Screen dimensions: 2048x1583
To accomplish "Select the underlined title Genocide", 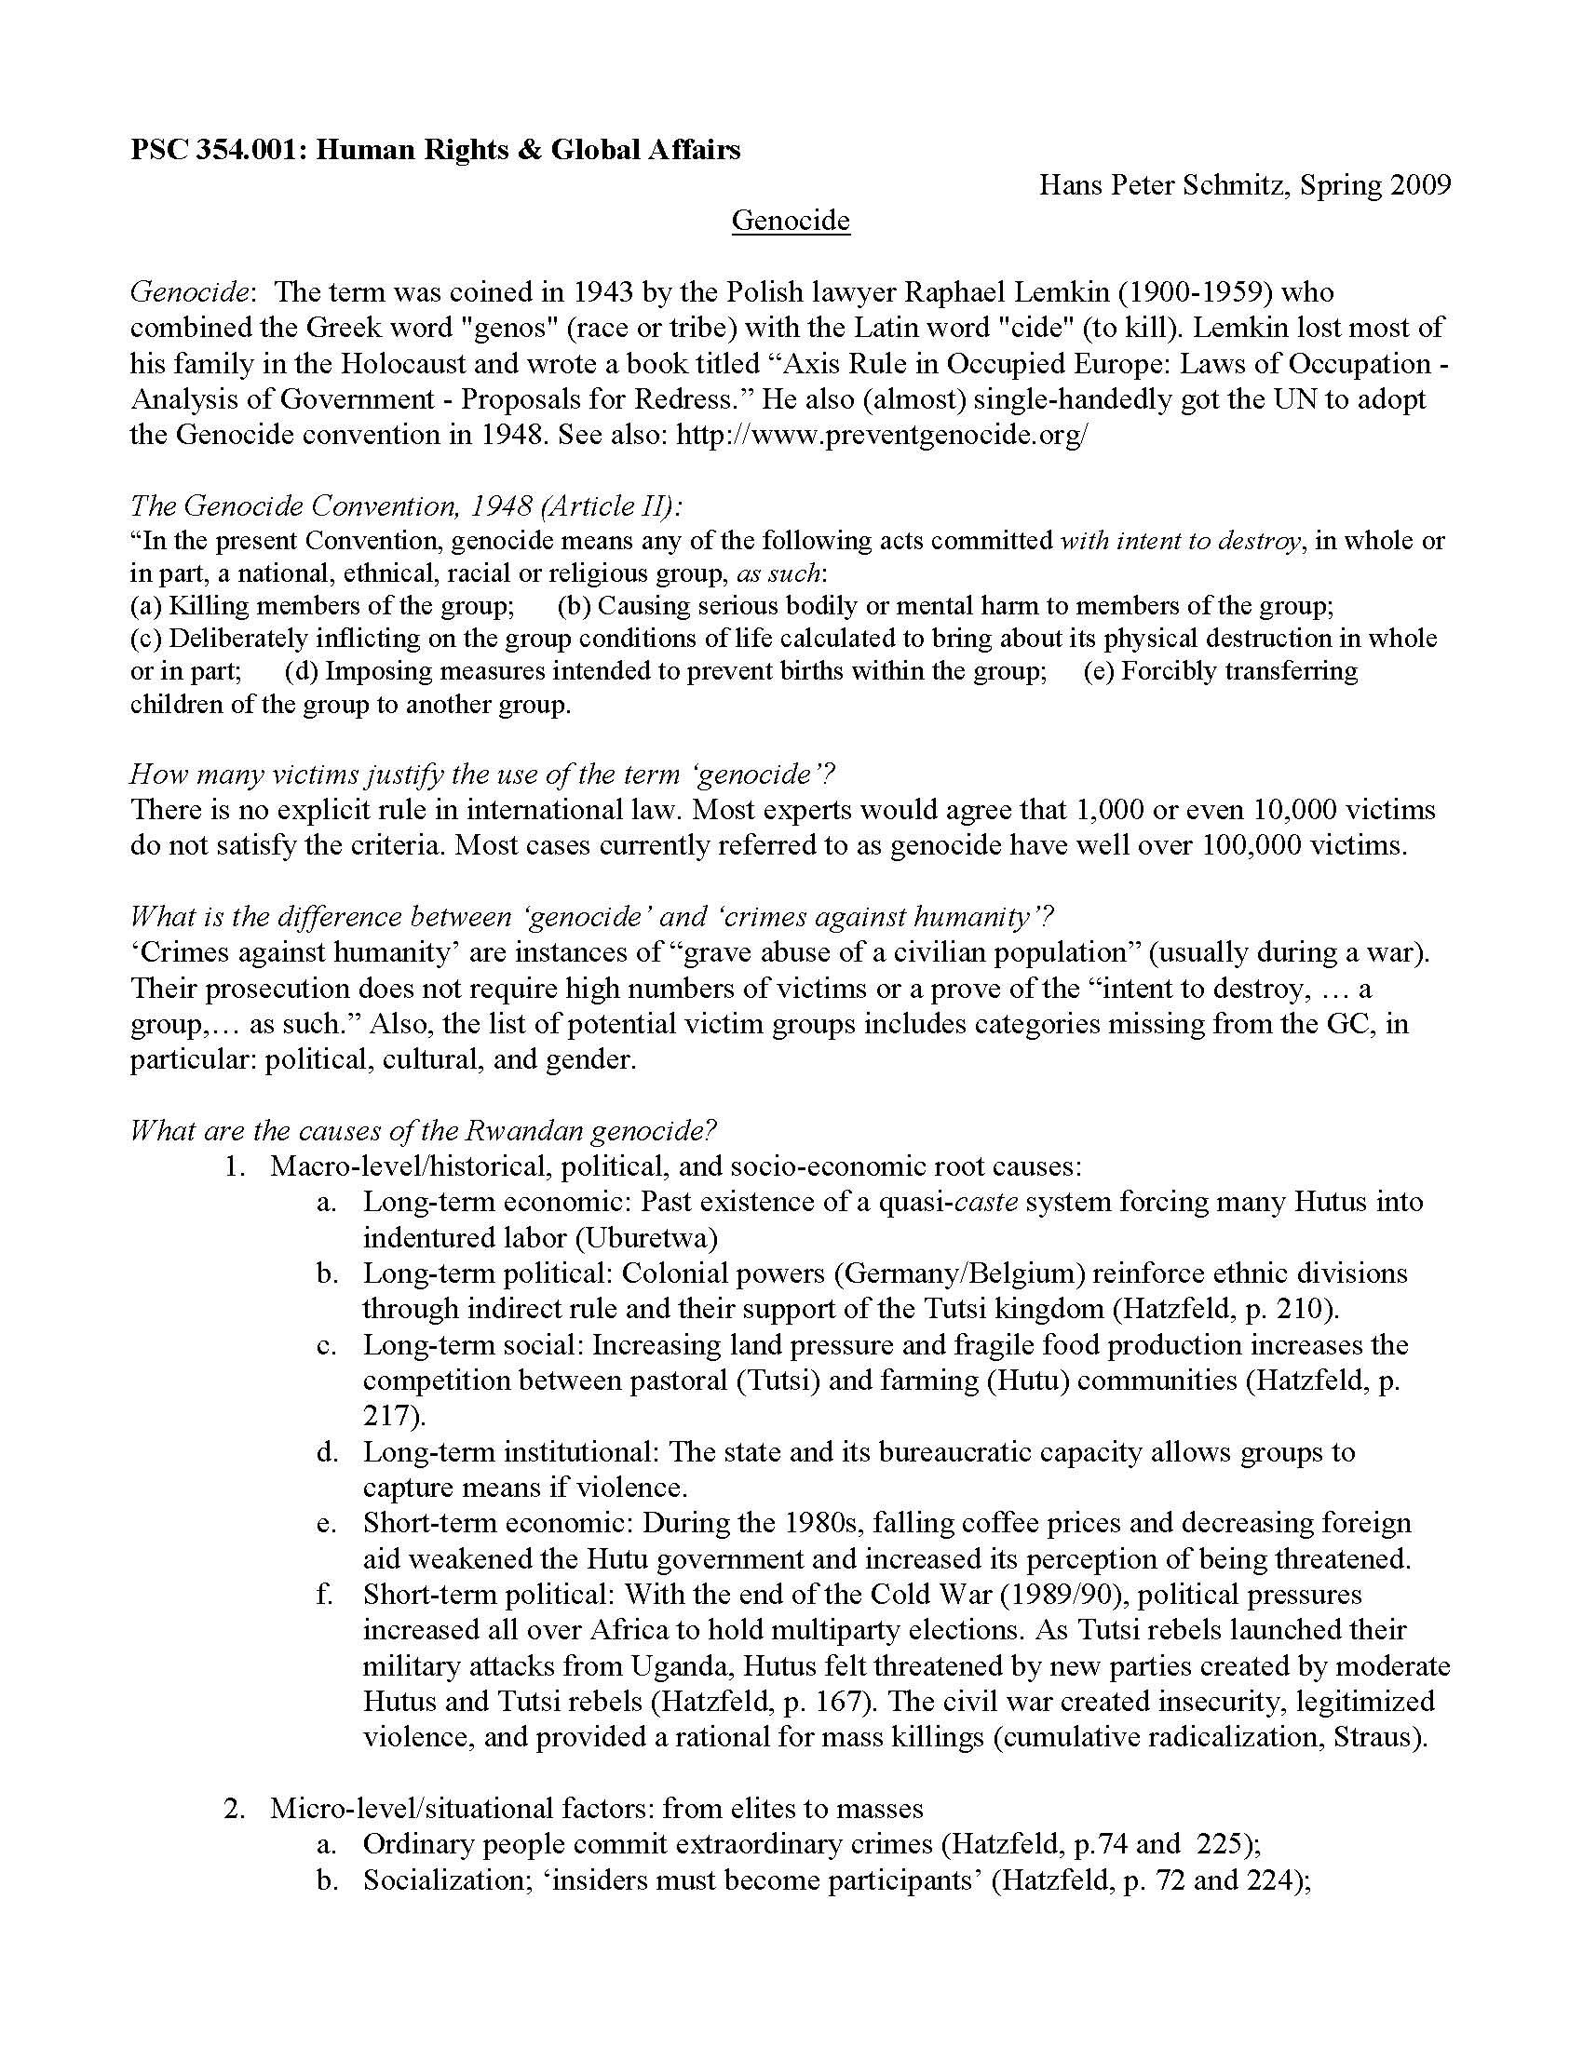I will [791, 221].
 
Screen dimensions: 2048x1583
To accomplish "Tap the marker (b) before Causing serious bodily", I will [573, 606].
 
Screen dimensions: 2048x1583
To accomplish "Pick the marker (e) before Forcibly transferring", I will [1098, 671].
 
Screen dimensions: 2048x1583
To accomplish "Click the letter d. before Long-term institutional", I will [326, 1451].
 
